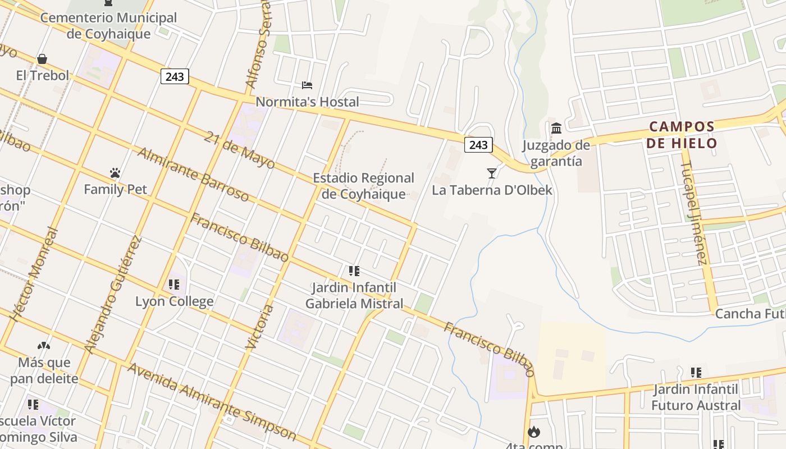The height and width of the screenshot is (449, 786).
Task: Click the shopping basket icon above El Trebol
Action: click(x=42, y=59)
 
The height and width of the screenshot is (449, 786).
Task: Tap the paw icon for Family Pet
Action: click(x=115, y=173)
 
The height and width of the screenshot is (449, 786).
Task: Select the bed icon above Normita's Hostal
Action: click(x=307, y=85)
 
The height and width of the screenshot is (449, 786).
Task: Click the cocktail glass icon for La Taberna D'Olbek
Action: click(x=492, y=173)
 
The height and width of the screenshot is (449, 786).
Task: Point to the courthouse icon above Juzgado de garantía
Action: click(x=556, y=129)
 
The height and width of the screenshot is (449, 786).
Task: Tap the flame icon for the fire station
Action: click(x=533, y=432)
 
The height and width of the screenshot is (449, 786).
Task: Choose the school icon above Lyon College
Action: click(x=174, y=285)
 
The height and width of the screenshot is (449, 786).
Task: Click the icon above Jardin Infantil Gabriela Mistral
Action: click(x=354, y=272)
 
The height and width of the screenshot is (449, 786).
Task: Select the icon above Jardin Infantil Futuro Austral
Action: click(x=696, y=372)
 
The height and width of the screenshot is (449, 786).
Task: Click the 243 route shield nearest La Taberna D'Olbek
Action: click(x=478, y=145)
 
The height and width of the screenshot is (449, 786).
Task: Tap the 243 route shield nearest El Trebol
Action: click(x=175, y=76)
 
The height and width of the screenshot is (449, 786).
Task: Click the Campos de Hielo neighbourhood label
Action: click(x=682, y=135)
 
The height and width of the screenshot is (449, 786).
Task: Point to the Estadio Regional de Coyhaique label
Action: click(x=363, y=186)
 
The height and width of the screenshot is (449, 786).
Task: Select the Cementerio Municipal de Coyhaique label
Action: click(x=108, y=25)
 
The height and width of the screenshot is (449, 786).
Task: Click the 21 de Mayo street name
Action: click(x=240, y=150)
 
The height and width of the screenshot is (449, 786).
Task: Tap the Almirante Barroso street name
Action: click(x=193, y=175)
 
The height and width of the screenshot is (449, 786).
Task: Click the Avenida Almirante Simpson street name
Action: click(x=212, y=401)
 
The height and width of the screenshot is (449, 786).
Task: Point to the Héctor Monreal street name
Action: click(x=35, y=273)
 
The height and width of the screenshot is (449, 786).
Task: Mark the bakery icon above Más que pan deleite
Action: click(x=44, y=346)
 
